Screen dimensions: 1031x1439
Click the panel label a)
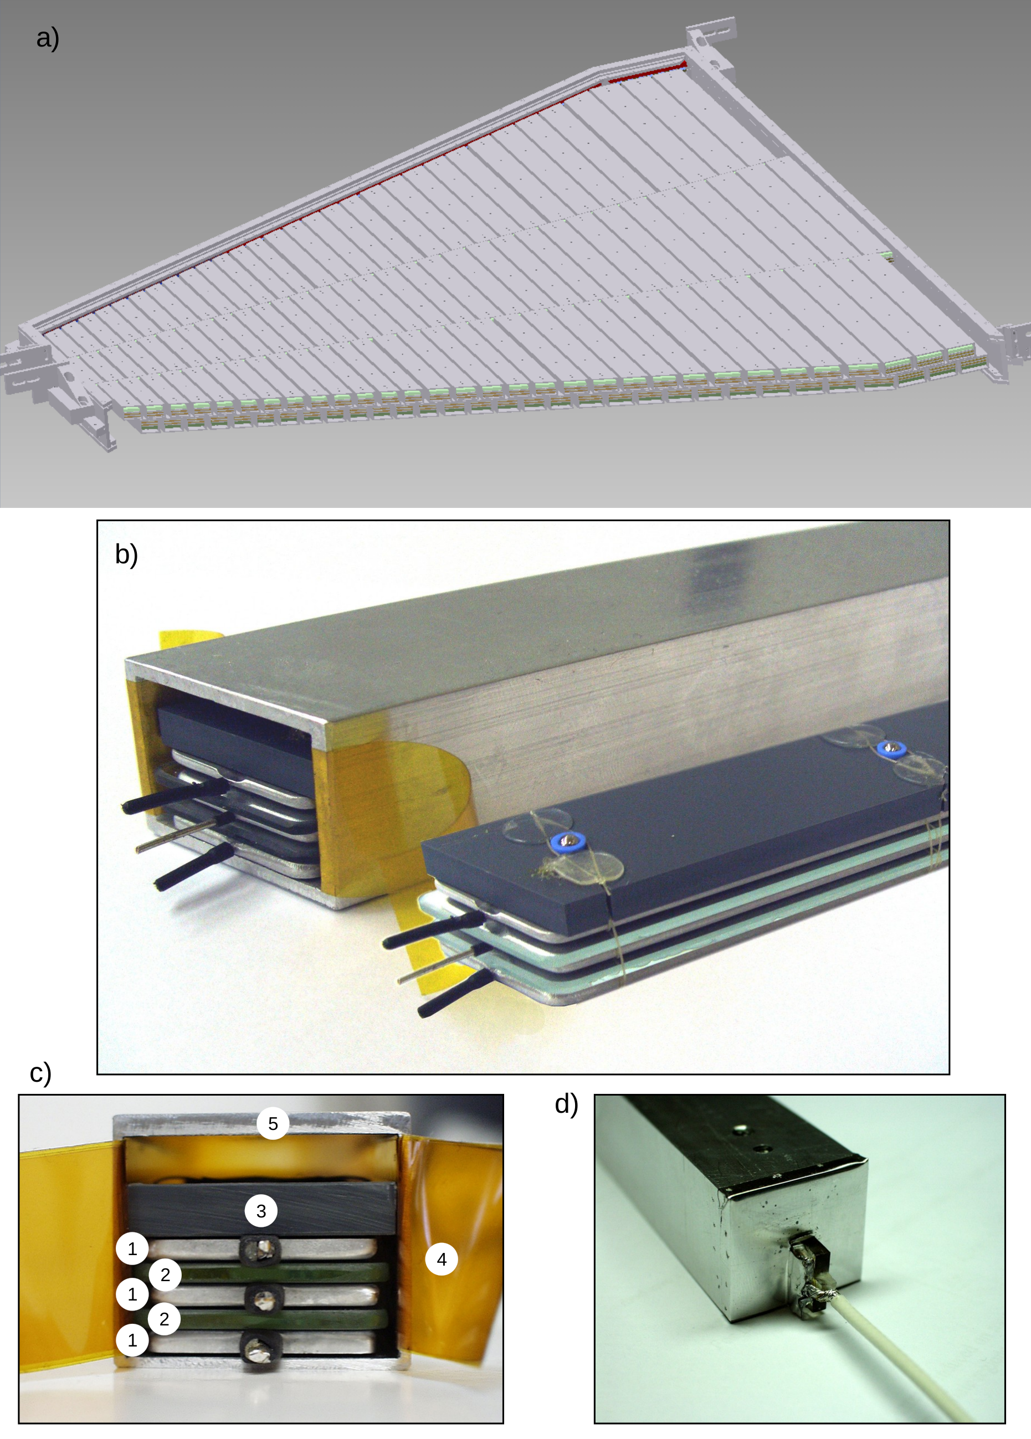click(x=48, y=38)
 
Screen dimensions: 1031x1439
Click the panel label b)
click(x=126, y=554)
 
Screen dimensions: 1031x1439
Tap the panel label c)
click(x=40, y=1073)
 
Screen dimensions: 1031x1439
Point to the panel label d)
click(x=566, y=1104)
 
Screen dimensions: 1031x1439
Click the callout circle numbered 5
click(x=273, y=1124)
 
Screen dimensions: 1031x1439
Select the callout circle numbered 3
click(x=261, y=1211)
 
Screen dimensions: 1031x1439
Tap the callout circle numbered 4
click(x=442, y=1260)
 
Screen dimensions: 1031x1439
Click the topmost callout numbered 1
click(x=132, y=1248)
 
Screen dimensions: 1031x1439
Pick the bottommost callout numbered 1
click(x=132, y=1340)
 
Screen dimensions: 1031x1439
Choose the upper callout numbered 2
click(x=165, y=1274)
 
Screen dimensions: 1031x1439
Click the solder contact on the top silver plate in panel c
click(x=261, y=1250)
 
